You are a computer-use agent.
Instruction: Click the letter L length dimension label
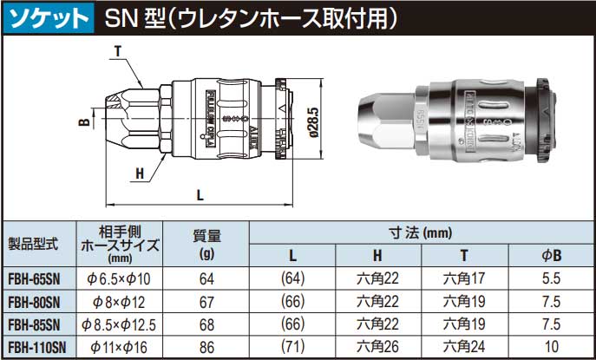tap(200, 195)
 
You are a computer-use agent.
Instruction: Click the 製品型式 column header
tap(33, 245)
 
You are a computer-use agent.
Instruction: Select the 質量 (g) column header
tap(206, 245)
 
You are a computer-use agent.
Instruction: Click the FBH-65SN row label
tap(34, 278)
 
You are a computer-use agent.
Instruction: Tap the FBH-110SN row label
tap(34, 348)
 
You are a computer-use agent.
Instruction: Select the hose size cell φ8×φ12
tap(120, 302)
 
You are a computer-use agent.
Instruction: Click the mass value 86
tap(206, 348)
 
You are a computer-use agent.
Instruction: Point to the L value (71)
tap(292, 348)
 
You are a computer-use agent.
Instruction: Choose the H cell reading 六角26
tap(378, 348)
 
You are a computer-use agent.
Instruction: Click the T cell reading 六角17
tap(463, 278)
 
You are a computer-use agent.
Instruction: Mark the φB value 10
tap(550, 348)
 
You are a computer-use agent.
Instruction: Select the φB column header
tap(550, 256)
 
